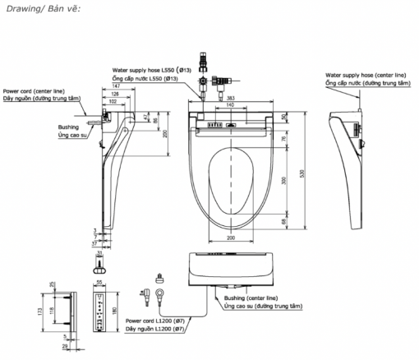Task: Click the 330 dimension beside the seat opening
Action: pyautogui.click(x=285, y=179)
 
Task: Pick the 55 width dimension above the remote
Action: pyautogui.click(x=98, y=282)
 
